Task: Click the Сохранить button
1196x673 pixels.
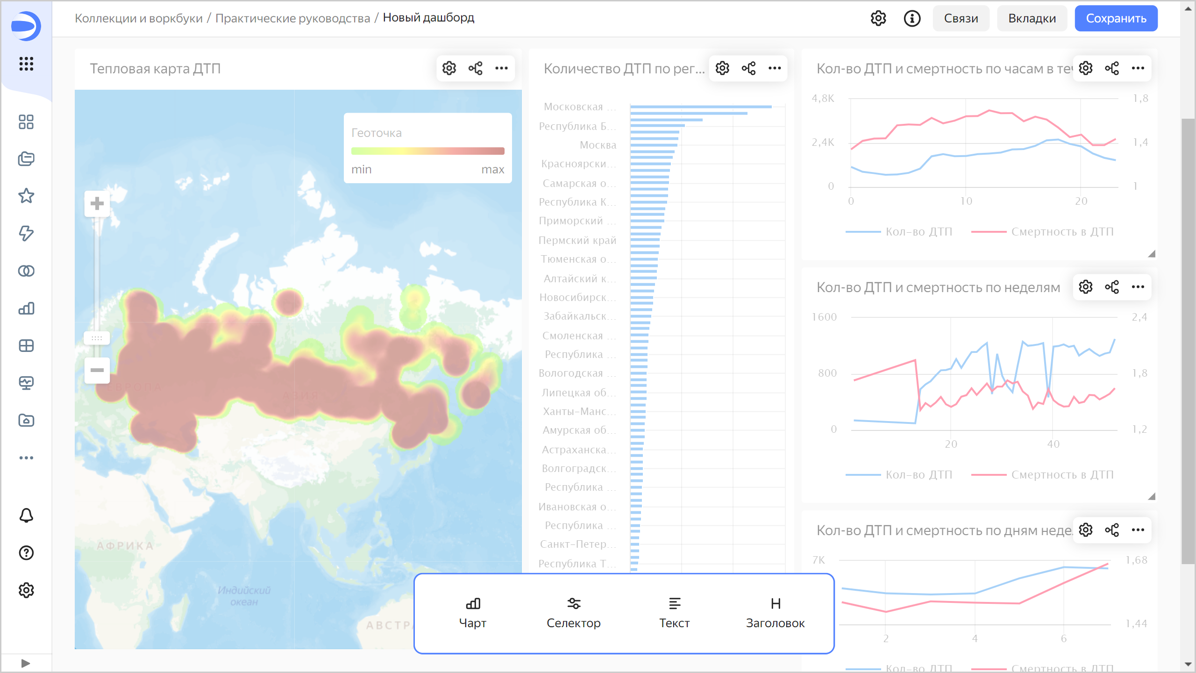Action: [1116, 19]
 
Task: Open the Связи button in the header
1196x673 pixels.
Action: [961, 19]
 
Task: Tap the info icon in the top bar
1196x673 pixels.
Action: [912, 19]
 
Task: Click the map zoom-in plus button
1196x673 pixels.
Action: [97, 204]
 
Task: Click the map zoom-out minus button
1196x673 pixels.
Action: [97, 371]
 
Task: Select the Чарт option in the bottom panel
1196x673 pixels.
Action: [473, 613]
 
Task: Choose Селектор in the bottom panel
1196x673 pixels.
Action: [574, 613]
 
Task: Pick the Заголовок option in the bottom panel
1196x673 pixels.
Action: [775, 613]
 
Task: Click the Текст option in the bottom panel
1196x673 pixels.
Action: [674, 613]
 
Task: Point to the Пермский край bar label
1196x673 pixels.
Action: [577, 240]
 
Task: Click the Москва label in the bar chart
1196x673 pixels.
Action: [598, 145]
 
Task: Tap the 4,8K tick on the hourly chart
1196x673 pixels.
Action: [823, 99]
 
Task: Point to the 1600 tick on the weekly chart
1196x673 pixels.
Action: [824, 317]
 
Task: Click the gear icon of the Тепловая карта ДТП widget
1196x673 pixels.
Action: [449, 68]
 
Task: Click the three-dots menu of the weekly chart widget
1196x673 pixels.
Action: [1138, 287]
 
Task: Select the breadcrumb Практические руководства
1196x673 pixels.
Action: [292, 18]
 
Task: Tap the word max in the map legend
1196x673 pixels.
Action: [493, 170]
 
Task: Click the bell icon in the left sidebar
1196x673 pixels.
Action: [26, 515]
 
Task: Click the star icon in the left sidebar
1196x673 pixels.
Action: [26, 196]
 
